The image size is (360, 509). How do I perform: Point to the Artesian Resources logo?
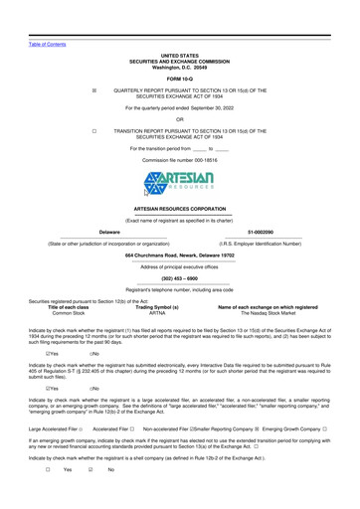(x=179, y=184)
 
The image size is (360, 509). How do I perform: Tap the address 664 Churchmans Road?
(x=179, y=283)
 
